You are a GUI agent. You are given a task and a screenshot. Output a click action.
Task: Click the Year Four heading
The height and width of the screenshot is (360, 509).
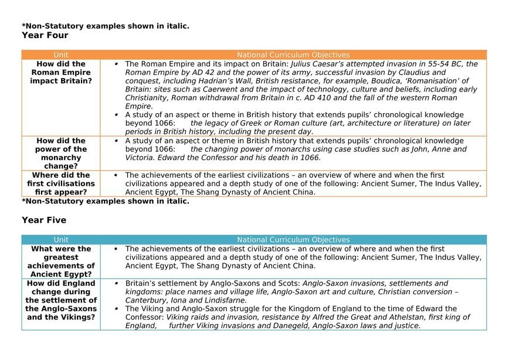[45, 35]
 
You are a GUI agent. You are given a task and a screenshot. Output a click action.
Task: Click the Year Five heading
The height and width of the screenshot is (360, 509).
[44, 220]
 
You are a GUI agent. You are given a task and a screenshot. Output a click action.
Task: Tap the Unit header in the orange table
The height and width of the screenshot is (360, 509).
[61, 55]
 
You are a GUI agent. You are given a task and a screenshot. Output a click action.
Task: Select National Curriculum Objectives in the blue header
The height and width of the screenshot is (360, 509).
[293, 240]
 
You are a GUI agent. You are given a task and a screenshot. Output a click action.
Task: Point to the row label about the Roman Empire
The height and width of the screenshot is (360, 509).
[61, 72]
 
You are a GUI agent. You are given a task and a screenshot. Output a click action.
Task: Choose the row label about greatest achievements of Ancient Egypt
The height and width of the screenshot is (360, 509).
[61, 261]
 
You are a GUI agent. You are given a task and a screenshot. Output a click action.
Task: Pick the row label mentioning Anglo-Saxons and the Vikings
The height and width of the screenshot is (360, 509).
[61, 300]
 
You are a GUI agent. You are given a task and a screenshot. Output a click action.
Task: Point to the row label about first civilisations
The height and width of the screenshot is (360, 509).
[61, 184]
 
